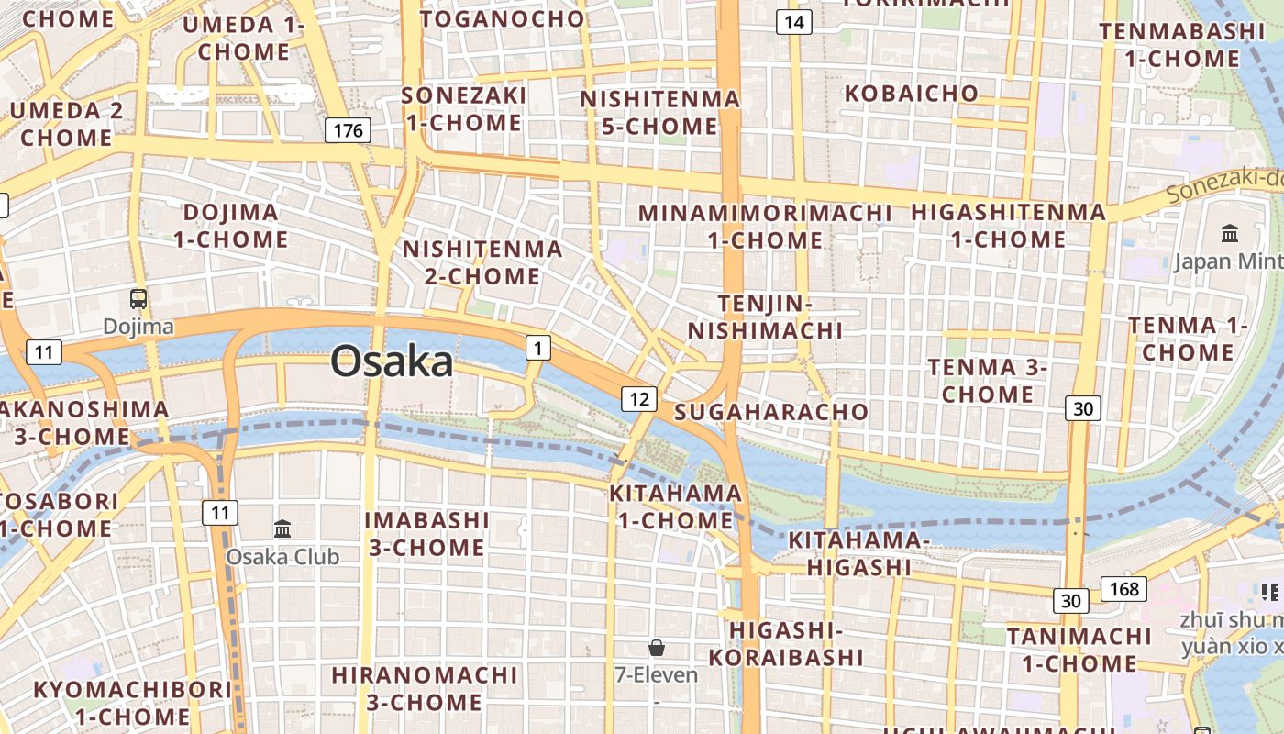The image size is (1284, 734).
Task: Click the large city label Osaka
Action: click(392, 361)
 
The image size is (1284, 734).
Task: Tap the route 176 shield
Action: click(348, 130)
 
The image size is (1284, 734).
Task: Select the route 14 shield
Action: click(794, 22)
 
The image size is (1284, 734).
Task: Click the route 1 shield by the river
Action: click(538, 347)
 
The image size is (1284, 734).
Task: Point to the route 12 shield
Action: click(639, 398)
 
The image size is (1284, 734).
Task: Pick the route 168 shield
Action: click(1123, 589)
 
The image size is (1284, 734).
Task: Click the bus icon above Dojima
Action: click(138, 298)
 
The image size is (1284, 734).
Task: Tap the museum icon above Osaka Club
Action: click(282, 528)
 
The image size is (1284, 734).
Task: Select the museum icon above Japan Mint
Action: click(1230, 233)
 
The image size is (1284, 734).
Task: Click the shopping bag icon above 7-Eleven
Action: click(657, 648)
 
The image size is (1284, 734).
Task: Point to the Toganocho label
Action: click(502, 18)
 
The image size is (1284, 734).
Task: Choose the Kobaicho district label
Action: click(912, 94)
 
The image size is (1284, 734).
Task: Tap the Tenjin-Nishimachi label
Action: click(766, 317)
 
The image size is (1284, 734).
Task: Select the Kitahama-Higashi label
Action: click(859, 553)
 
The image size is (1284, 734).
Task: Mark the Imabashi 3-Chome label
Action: click(426, 533)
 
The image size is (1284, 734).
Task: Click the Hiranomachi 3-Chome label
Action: click(425, 688)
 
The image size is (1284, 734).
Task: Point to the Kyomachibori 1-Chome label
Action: click(133, 702)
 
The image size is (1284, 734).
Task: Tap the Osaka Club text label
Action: click(282, 556)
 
